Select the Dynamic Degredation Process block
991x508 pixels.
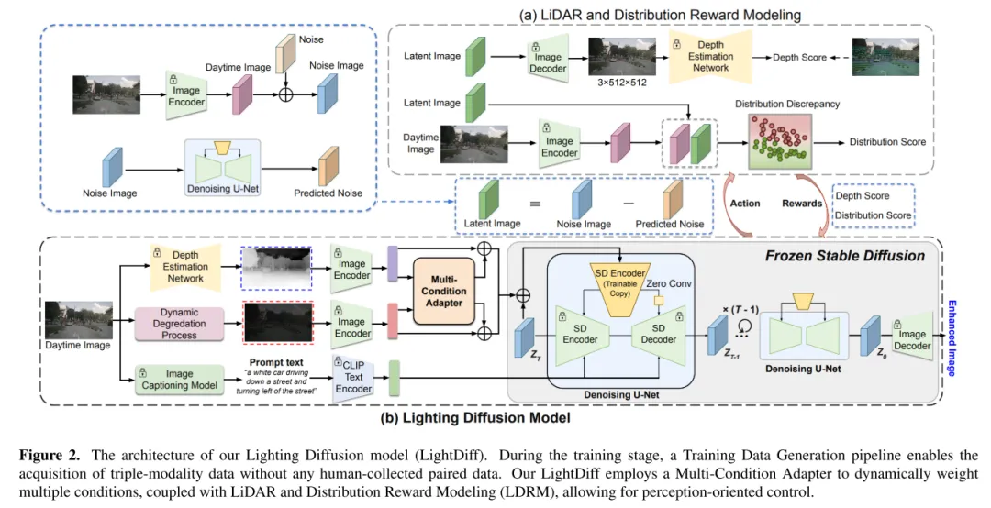point(179,323)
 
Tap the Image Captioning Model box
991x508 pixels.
point(179,378)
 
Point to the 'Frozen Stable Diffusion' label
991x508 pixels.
point(844,256)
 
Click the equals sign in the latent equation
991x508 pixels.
point(535,204)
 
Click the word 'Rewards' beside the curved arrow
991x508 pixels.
point(802,204)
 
